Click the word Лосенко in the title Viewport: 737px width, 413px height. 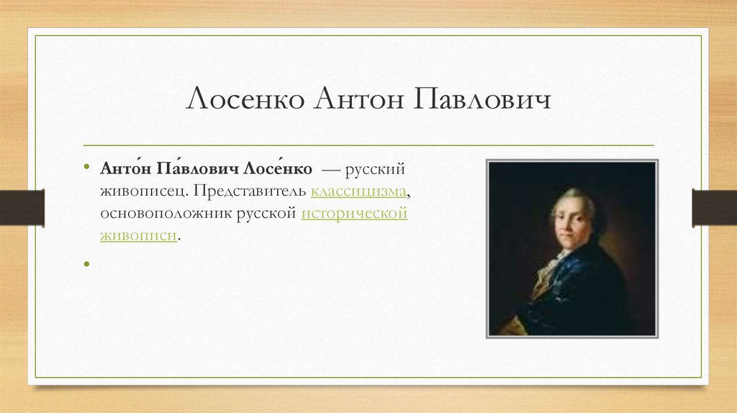(245, 99)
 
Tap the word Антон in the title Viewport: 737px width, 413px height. (359, 99)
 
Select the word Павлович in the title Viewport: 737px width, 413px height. (482, 99)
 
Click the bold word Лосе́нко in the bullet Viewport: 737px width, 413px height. (277, 168)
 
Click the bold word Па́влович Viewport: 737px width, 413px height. (197, 168)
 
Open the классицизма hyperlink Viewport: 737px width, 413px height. (358, 191)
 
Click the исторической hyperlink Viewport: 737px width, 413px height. (354, 213)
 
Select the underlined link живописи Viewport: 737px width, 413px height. (139, 235)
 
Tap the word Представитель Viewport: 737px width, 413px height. (250, 191)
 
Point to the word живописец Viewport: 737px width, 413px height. (143, 191)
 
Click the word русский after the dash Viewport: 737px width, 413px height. (374, 169)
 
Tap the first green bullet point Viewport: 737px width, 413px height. (86, 166)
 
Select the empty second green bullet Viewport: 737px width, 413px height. (86, 264)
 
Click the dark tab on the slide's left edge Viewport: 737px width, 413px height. (22, 207)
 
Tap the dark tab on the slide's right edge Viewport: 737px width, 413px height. (715, 207)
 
